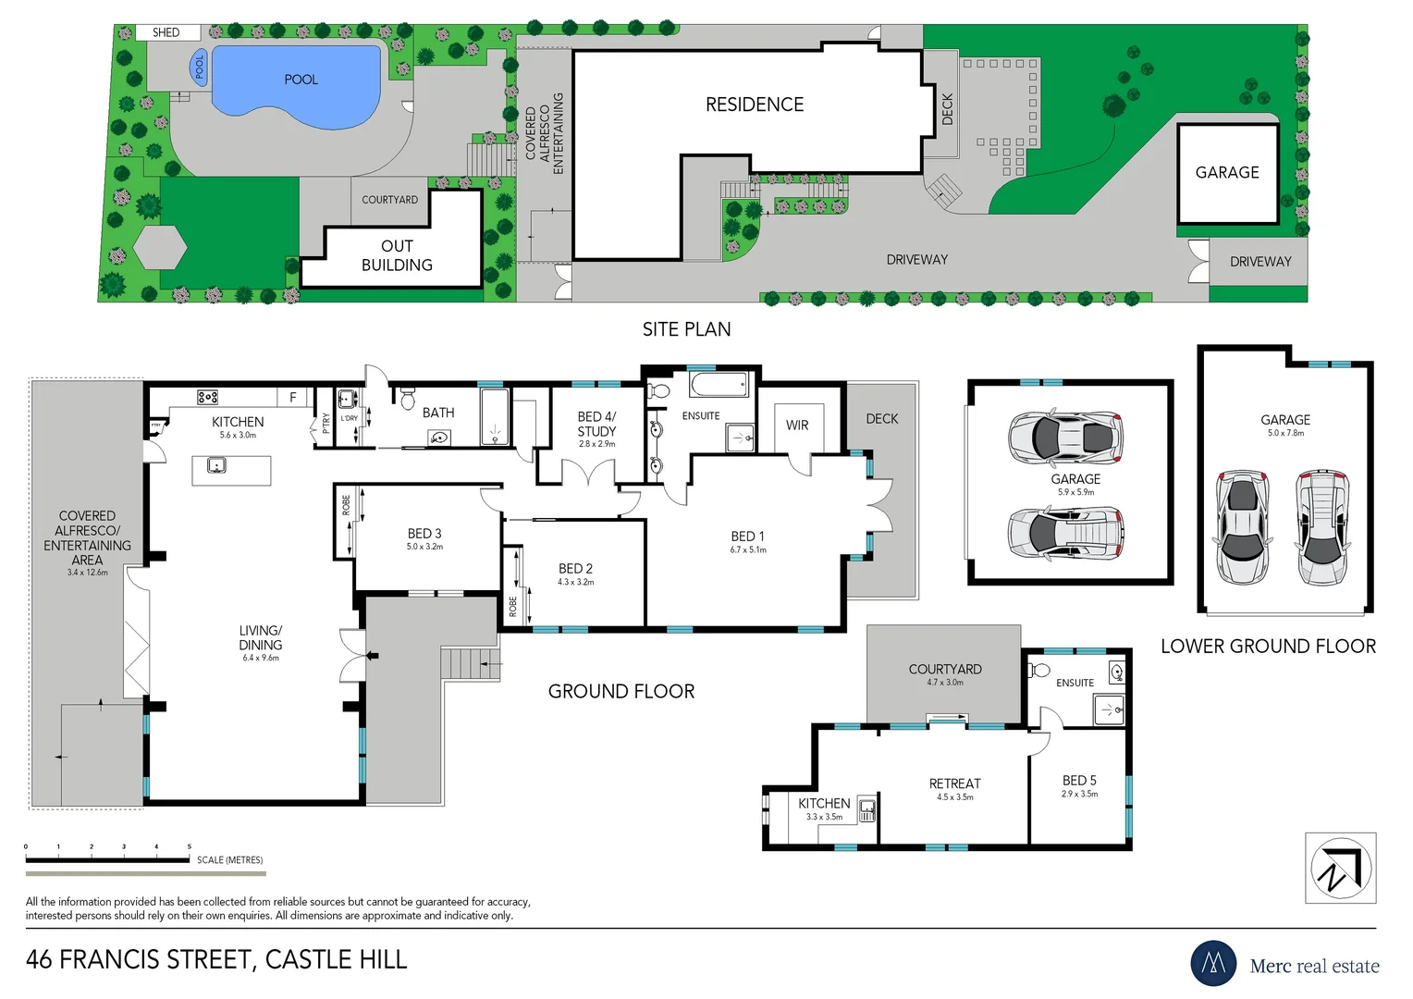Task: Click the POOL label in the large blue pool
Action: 301,80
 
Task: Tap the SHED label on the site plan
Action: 166,32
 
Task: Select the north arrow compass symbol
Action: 1340,868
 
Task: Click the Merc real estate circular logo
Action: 1213,963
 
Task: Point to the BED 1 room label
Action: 747,536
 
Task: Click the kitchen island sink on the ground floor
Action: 217,464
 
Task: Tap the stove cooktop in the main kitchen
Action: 207,397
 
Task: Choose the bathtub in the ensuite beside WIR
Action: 719,384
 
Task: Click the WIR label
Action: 797,425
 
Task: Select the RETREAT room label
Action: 954,783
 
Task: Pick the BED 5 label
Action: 1079,781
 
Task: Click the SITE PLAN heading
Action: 686,329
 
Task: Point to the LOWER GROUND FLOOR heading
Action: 1268,647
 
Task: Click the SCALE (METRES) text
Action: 229,860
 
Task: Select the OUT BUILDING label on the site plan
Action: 397,255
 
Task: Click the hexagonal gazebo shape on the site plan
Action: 160,247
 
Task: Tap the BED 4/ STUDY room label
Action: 596,425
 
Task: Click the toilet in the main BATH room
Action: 408,399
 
